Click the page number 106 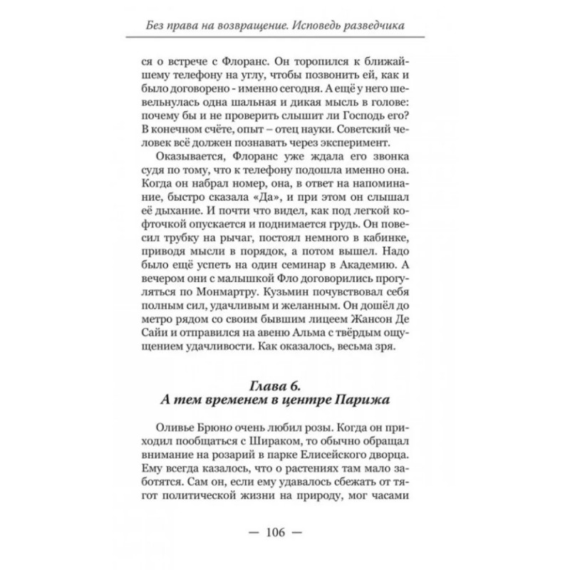285,532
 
